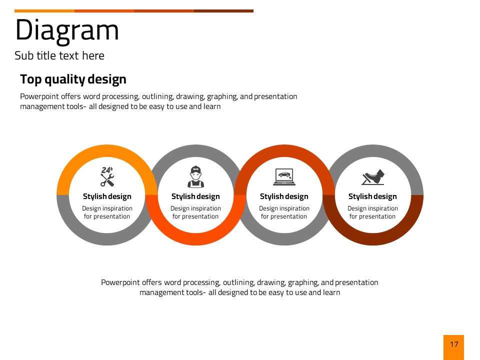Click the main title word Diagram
pos(66,30)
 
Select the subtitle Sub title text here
pos(59,55)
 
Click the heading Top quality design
pos(73,79)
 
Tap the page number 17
pos(454,344)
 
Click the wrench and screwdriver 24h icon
pos(107,176)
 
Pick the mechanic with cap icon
pos(195,176)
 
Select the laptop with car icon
pos(284,177)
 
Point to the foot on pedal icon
pos(373,177)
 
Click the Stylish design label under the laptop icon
pos(284,196)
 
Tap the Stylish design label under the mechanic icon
pos(195,196)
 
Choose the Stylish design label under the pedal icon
pos(372,196)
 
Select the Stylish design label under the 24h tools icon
pos(107,196)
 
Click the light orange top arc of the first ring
pos(107,151)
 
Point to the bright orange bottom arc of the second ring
pos(195,239)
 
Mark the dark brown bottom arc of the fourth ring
pos(373,239)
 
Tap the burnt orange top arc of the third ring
pos(284,151)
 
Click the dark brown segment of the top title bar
pos(224,11)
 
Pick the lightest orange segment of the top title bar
pos(44,11)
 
